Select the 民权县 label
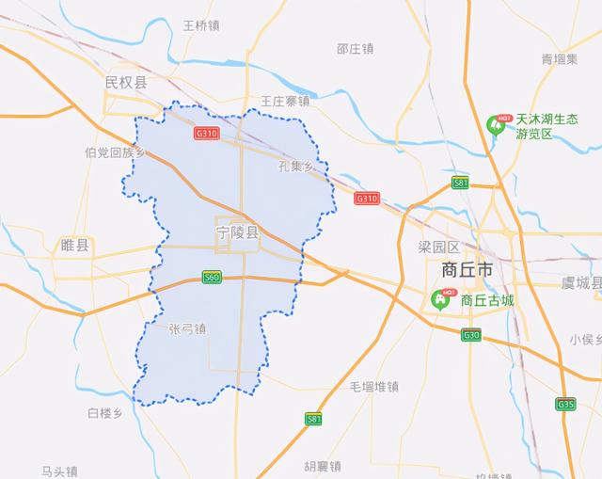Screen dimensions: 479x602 click(x=126, y=84)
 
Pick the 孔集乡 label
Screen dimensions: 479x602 click(x=296, y=166)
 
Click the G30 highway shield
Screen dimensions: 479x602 click(x=471, y=334)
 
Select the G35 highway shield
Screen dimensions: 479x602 click(x=565, y=405)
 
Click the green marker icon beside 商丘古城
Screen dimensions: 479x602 click(x=439, y=298)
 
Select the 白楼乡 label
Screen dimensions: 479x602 click(x=105, y=412)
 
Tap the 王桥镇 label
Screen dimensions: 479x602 click(x=200, y=25)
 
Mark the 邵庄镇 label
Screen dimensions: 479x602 click(x=356, y=48)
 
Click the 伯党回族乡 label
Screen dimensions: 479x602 click(x=115, y=152)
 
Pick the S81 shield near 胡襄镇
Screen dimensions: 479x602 click(x=314, y=418)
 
